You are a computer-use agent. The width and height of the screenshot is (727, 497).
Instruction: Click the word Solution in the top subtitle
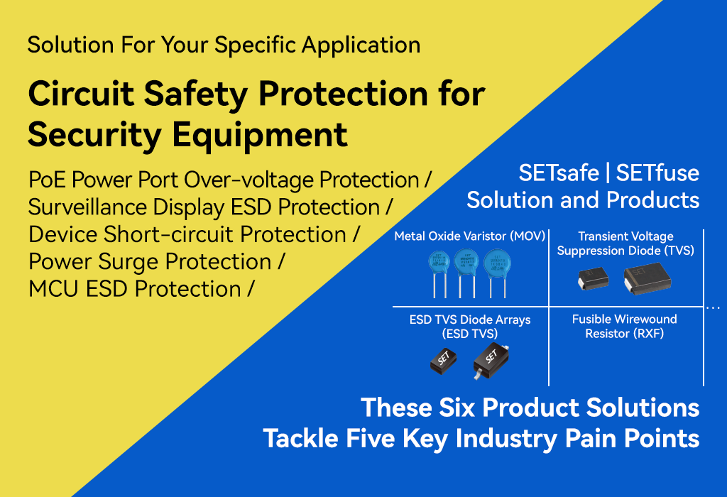(x=70, y=45)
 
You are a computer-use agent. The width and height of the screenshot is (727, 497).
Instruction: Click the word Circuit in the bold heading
(x=81, y=94)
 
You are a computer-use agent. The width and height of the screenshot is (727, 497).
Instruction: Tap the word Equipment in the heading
(x=260, y=135)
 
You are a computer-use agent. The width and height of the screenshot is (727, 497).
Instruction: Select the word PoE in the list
(x=47, y=180)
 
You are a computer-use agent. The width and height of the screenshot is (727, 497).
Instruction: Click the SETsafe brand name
(x=559, y=173)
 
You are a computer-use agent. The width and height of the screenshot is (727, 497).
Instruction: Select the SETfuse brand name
(x=657, y=173)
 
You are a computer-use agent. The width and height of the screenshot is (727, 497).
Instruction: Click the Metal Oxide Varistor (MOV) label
(x=470, y=236)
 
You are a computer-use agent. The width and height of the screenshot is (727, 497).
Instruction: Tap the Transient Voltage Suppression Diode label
(x=625, y=244)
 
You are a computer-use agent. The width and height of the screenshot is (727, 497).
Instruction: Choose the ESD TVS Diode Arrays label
(x=470, y=327)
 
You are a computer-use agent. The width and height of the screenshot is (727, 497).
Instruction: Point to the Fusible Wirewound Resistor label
(x=625, y=326)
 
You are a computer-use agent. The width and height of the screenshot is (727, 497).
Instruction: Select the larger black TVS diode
(x=647, y=278)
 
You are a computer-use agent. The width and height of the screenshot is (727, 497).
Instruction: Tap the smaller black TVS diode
(x=593, y=278)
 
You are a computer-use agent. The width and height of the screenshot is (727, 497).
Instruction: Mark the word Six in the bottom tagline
(x=457, y=408)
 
